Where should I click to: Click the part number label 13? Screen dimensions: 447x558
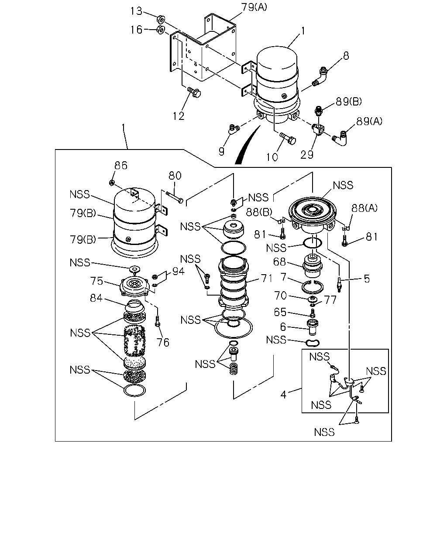point(136,11)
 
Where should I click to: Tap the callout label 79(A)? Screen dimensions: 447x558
point(254,7)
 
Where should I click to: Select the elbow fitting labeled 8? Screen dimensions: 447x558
point(320,77)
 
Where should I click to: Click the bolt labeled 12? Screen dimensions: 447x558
point(194,92)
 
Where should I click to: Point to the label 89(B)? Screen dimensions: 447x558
point(348,102)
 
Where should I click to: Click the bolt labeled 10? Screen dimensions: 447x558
point(288,139)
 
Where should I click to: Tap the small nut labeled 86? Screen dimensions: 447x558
point(111,183)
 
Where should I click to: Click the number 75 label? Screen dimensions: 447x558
point(96,281)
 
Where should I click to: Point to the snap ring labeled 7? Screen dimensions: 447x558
point(313,287)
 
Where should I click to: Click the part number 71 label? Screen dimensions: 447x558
point(267,279)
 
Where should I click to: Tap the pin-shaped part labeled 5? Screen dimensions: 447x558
point(339,284)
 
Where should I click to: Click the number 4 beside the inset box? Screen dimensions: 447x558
point(283,395)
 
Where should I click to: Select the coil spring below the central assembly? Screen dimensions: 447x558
point(234,368)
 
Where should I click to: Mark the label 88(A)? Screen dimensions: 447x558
point(364,208)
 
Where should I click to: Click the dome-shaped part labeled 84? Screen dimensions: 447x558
point(134,306)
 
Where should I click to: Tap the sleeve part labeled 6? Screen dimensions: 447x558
point(313,327)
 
